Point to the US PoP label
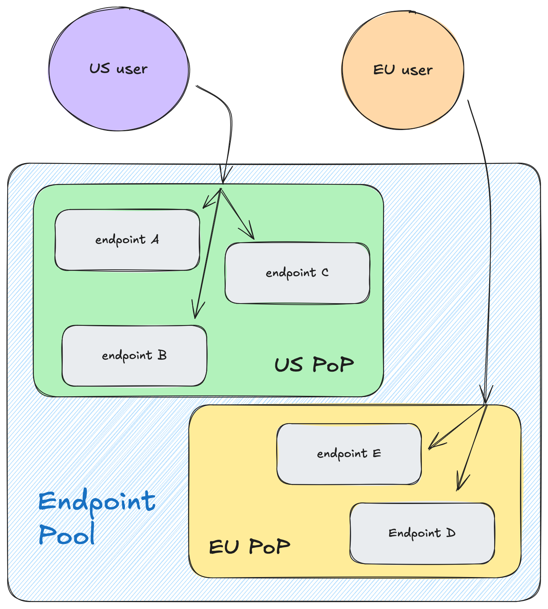coord(314,364)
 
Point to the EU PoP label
coord(249,546)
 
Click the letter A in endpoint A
coord(155,240)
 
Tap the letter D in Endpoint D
coord(450,533)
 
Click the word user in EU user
coord(417,70)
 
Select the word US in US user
coord(100,68)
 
